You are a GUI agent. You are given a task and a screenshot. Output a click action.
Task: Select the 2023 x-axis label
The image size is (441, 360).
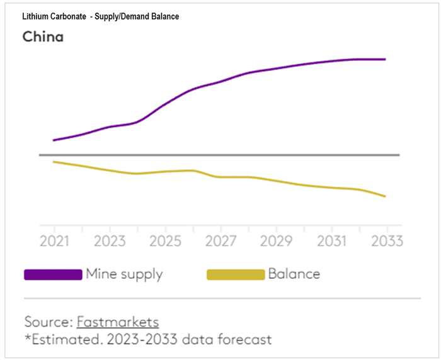(x=109, y=241)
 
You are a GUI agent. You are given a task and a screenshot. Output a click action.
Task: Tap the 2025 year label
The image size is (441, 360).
(x=164, y=241)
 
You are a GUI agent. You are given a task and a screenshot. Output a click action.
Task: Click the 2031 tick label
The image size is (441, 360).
(x=330, y=241)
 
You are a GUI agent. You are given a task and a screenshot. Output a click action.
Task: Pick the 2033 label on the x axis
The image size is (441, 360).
(x=385, y=241)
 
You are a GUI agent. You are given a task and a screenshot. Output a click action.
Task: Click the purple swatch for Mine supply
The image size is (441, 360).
(x=53, y=274)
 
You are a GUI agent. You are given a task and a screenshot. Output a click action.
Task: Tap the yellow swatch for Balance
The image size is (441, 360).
(x=236, y=274)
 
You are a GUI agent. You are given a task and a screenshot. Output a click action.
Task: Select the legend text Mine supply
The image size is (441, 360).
(x=124, y=274)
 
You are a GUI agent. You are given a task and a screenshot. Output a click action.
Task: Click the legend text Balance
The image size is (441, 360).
(x=294, y=274)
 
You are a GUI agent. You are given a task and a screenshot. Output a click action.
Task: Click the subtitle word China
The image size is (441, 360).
(x=43, y=37)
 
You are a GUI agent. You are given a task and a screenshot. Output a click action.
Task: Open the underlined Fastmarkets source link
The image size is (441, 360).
(x=118, y=322)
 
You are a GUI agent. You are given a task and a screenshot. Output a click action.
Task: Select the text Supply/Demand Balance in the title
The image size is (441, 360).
(x=137, y=16)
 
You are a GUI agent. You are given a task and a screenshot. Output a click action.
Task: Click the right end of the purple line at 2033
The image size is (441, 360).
(x=385, y=59)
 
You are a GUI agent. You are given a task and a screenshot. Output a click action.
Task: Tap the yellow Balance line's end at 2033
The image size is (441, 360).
(x=385, y=196)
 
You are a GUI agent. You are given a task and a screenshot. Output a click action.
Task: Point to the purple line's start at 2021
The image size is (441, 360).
(x=54, y=140)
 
